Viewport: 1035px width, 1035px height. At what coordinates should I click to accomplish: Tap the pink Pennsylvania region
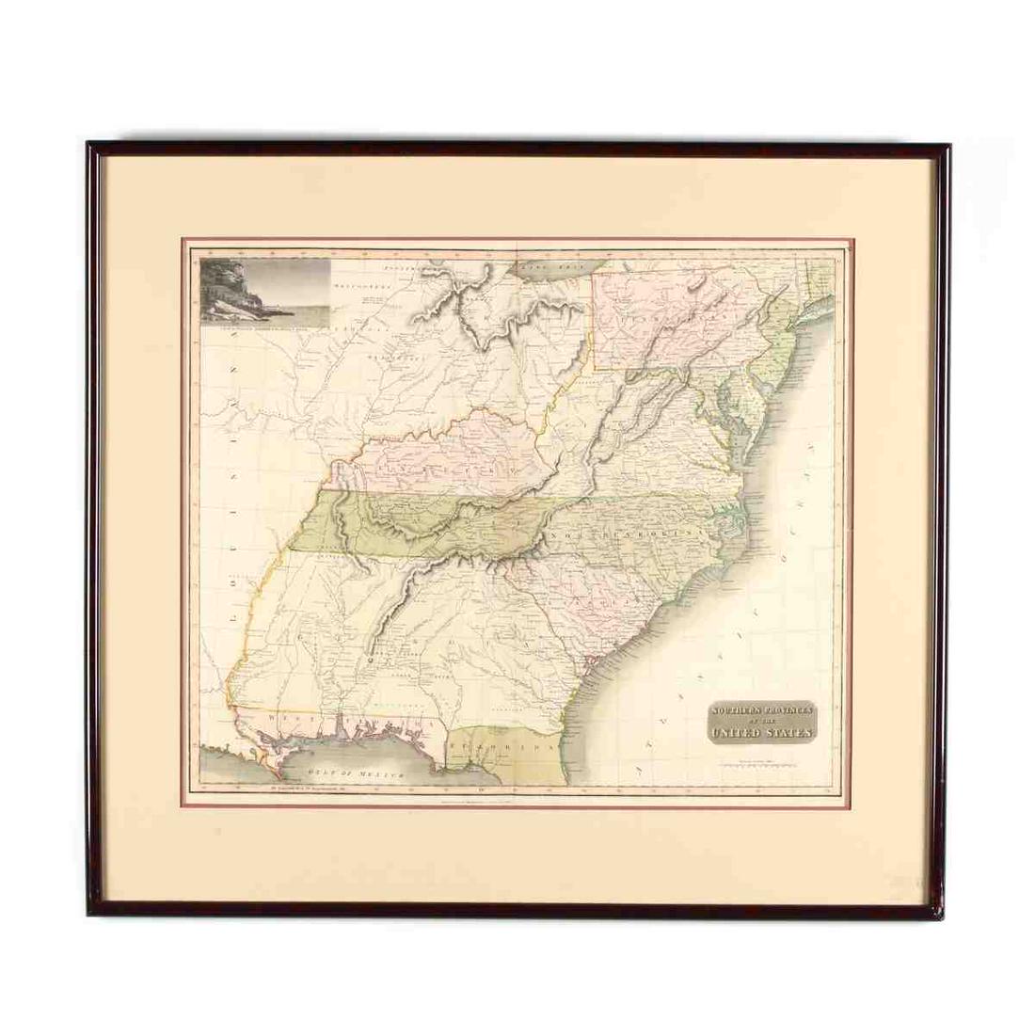(659, 310)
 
